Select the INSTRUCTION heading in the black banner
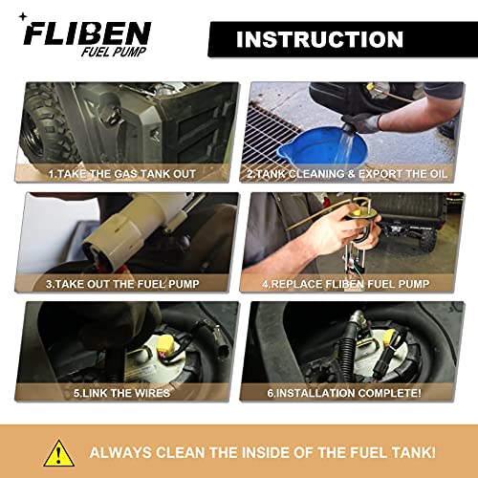click(319, 39)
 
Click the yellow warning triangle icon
click(59, 451)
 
